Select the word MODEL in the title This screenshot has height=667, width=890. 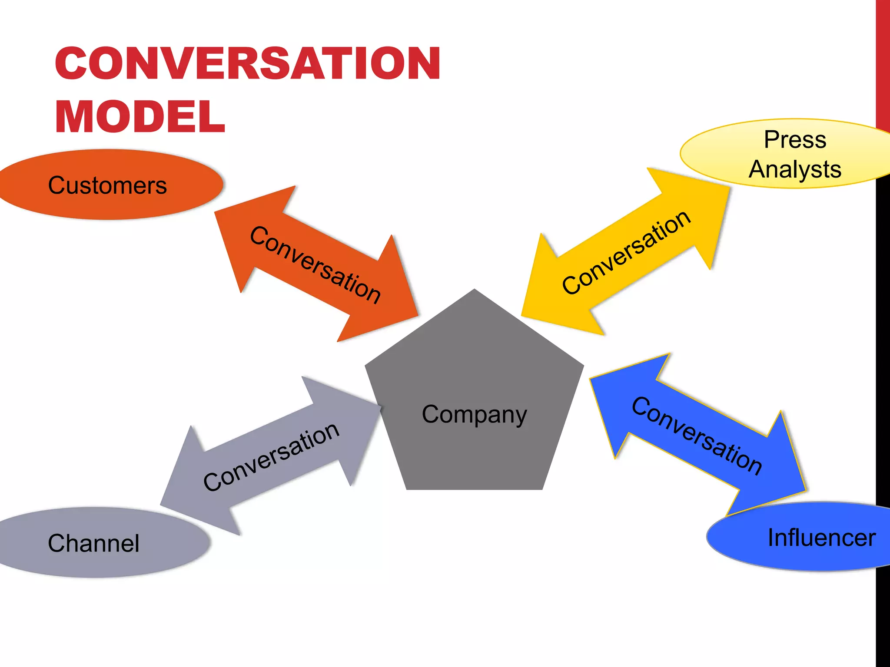pyautogui.click(x=140, y=117)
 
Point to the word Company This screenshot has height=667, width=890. pyautogui.click(x=475, y=415)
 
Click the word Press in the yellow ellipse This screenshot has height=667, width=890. pyautogui.click(x=795, y=140)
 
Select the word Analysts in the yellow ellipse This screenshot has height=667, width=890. pyautogui.click(x=795, y=169)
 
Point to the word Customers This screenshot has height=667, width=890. pyautogui.click(x=107, y=185)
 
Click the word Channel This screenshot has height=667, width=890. pyautogui.click(x=93, y=543)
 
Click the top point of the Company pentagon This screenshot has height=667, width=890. pyautogui.click(x=475, y=290)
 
